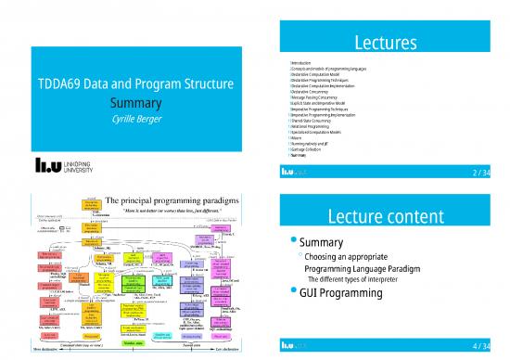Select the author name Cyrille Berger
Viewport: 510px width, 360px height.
[130, 122]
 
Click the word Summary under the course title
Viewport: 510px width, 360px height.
[130, 105]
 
